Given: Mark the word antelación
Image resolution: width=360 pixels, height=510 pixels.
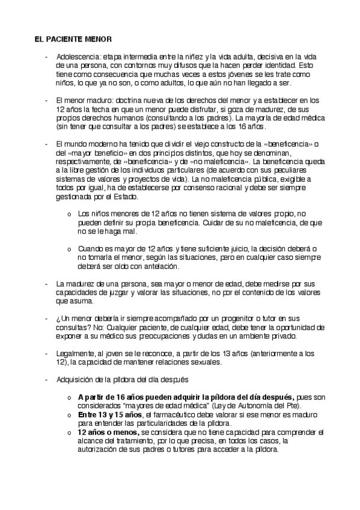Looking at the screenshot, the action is tap(161, 266).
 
